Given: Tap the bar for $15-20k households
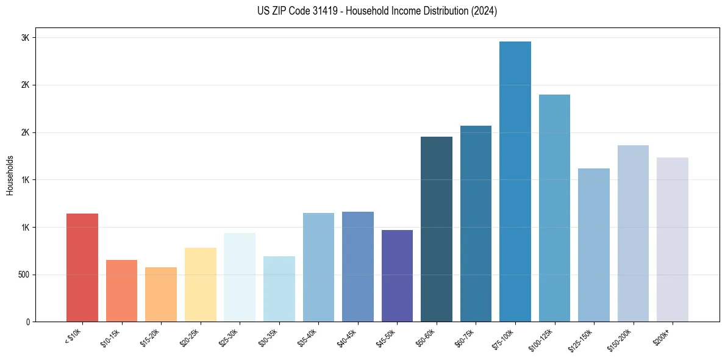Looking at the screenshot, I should point(161,294).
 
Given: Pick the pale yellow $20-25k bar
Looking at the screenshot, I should point(200,284).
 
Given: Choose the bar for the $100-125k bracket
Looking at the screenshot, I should point(554,208).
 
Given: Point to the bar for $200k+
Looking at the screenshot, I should point(673,239).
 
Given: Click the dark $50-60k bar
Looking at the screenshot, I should point(437,229).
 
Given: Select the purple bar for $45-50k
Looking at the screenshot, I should point(397,276).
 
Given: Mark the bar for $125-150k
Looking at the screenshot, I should point(594,245).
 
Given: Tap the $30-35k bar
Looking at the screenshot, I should point(279,289).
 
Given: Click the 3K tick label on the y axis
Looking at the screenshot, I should point(25,38).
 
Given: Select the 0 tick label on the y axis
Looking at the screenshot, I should point(27,322).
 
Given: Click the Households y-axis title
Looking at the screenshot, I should point(10,175).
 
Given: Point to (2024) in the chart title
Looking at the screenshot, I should point(484,11).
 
